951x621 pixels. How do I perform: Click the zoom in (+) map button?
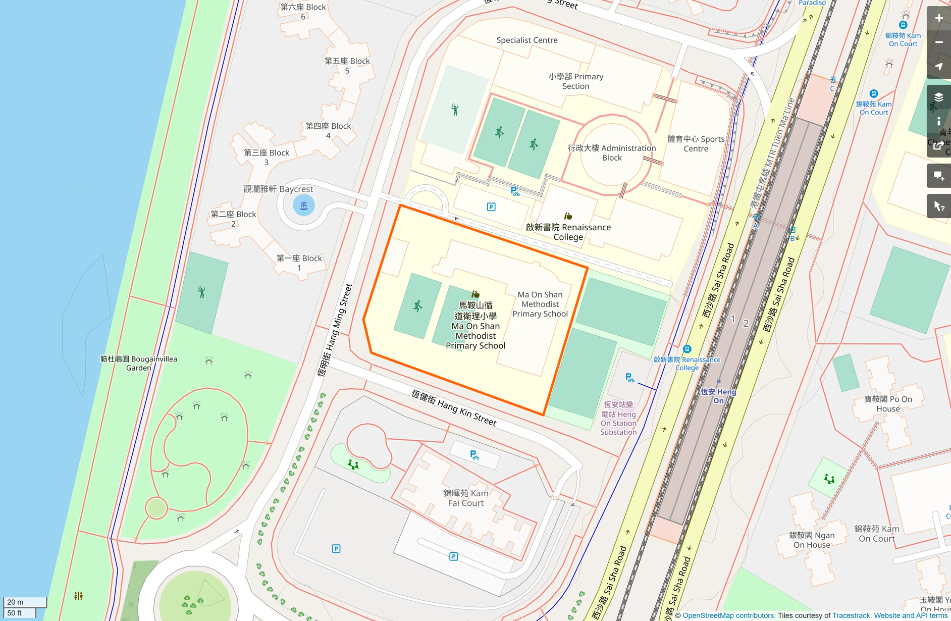coord(939,18)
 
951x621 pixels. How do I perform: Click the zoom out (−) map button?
coord(939,42)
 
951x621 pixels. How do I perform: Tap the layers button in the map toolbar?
coord(939,97)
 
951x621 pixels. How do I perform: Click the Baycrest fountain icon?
coord(304,205)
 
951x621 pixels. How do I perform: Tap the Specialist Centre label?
coord(527,40)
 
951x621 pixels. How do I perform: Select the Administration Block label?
coord(612,152)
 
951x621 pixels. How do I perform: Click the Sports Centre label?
coord(696,144)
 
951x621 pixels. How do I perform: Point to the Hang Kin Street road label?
coord(454,407)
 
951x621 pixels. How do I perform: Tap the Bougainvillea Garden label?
coord(138,363)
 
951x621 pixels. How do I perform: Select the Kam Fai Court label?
coord(465,498)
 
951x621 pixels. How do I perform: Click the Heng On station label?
coord(718,396)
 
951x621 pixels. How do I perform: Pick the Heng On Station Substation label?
coord(618,418)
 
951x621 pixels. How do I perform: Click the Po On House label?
coord(888,404)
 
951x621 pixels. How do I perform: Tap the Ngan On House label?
coord(812,540)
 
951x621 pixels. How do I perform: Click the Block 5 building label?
coord(347,66)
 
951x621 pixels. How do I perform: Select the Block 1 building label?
coord(299,263)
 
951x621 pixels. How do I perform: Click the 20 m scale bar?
coord(25,602)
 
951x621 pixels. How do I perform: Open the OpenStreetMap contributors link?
coord(728,615)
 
